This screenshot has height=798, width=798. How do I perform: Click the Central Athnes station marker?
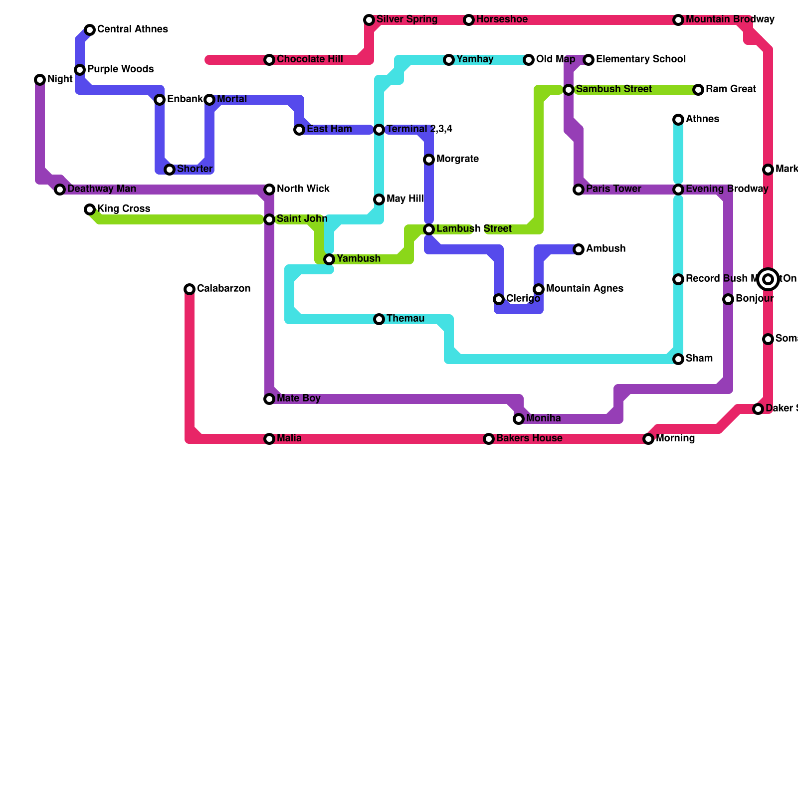(90, 30)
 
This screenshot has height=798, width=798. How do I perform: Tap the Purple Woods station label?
(120, 69)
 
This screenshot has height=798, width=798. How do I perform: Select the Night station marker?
(40, 80)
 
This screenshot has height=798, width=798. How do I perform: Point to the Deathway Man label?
(102, 189)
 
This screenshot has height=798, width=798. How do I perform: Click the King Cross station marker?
(90, 209)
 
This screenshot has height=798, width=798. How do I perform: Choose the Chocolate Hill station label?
(310, 59)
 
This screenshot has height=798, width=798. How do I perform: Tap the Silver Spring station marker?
(369, 20)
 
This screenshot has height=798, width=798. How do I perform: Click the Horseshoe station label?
(502, 19)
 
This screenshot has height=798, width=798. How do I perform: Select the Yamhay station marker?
(449, 60)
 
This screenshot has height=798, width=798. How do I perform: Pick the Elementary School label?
(641, 59)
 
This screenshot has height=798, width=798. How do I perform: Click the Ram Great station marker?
(698, 90)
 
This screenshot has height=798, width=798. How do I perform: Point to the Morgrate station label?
(457, 159)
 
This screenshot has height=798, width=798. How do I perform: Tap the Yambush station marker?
(329, 259)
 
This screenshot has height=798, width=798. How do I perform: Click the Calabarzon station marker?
(190, 289)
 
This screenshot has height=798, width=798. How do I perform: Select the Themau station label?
(405, 319)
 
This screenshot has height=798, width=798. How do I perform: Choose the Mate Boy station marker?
(269, 399)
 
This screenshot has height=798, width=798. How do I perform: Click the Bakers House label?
(529, 438)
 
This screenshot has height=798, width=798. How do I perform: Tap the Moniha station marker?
(519, 419)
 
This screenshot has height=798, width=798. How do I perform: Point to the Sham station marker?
(678, 359)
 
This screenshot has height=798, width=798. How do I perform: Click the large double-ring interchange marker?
(768, 279)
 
